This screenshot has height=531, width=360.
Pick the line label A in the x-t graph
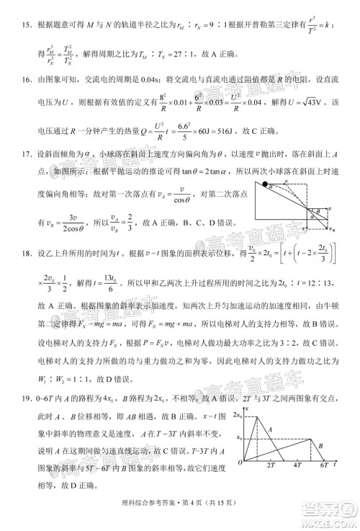tap(270, 429)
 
